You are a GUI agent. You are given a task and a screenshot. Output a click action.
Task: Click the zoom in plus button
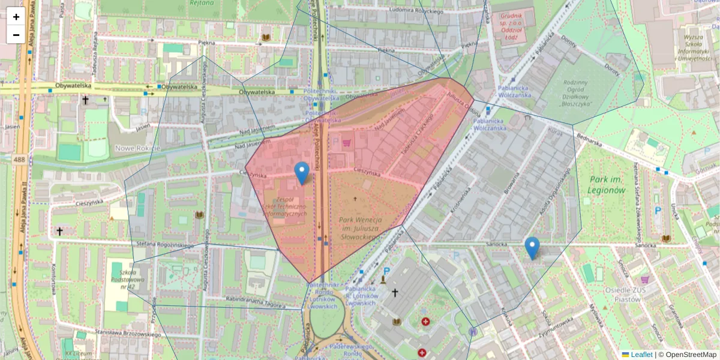coord(16,17)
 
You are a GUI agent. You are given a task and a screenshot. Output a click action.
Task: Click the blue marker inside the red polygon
coord(302,173)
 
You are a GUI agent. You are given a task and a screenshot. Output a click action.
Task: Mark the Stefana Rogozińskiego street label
coord(165,244)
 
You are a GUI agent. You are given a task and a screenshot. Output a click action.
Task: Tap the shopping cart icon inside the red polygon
coord(346,143)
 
